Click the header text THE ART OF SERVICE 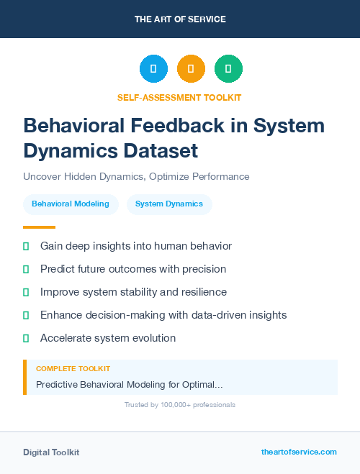tap(180, 19)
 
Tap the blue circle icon tap(153, 69)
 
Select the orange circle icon tap(191, 69)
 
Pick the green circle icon tap(228, 69)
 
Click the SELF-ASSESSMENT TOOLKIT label tap(179, 97)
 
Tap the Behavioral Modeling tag tap(71, 204)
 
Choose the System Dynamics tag tap(169, 204)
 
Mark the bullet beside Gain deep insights tap(26, 246)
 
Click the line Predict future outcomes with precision tap(133, 269)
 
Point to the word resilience tap(201, 292)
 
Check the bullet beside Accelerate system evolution tap(26, 338)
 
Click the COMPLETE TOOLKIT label tap(73, 368)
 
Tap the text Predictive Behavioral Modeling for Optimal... tap(129, 385)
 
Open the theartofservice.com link tap(299, 452)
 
